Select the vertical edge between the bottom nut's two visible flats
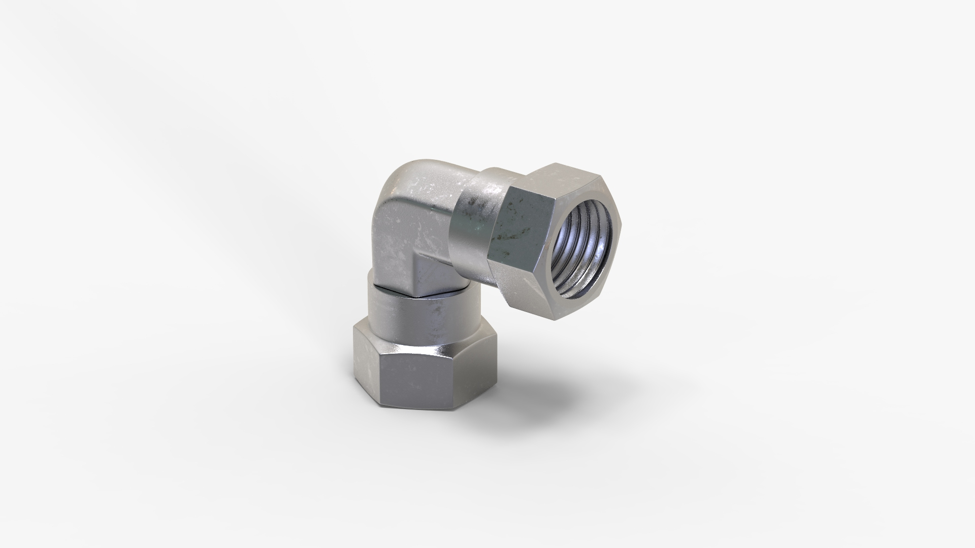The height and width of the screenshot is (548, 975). [380, 375]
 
